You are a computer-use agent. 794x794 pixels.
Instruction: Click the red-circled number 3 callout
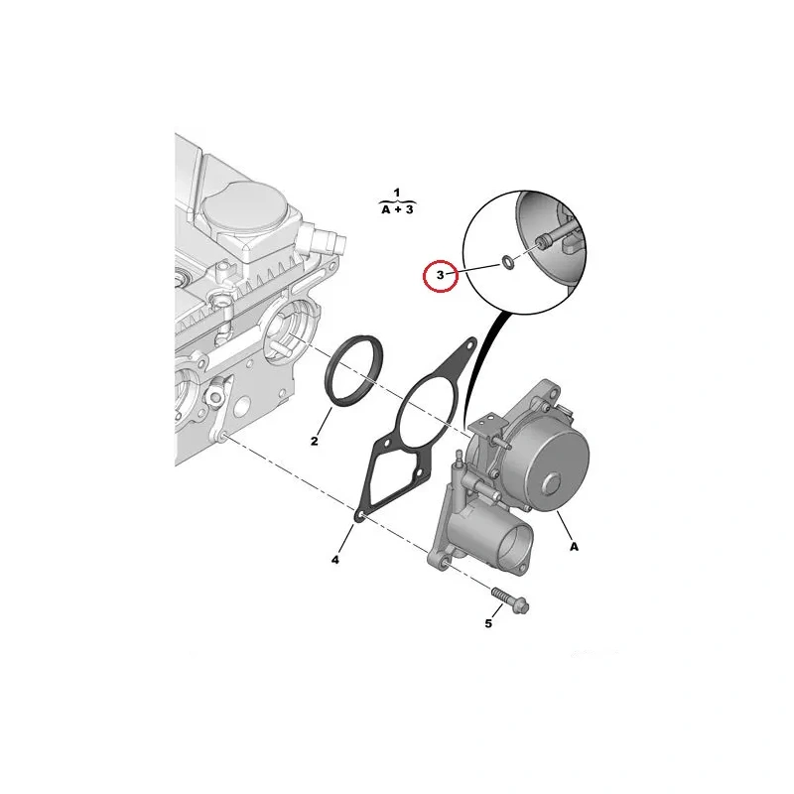[440, 276]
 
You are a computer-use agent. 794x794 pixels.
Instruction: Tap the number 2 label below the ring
[315, 441]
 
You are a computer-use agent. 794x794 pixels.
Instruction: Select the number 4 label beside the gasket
[335, 560]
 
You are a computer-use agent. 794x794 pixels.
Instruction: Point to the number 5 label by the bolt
[488, 623]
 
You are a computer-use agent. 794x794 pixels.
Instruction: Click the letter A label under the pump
[574, 547]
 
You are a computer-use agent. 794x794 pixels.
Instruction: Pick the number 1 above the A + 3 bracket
[397, 193]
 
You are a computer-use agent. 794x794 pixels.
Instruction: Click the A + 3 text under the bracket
[398, 209]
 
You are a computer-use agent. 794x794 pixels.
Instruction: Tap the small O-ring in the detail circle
[507, 262]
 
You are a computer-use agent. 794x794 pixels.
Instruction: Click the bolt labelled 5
[510, 600]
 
